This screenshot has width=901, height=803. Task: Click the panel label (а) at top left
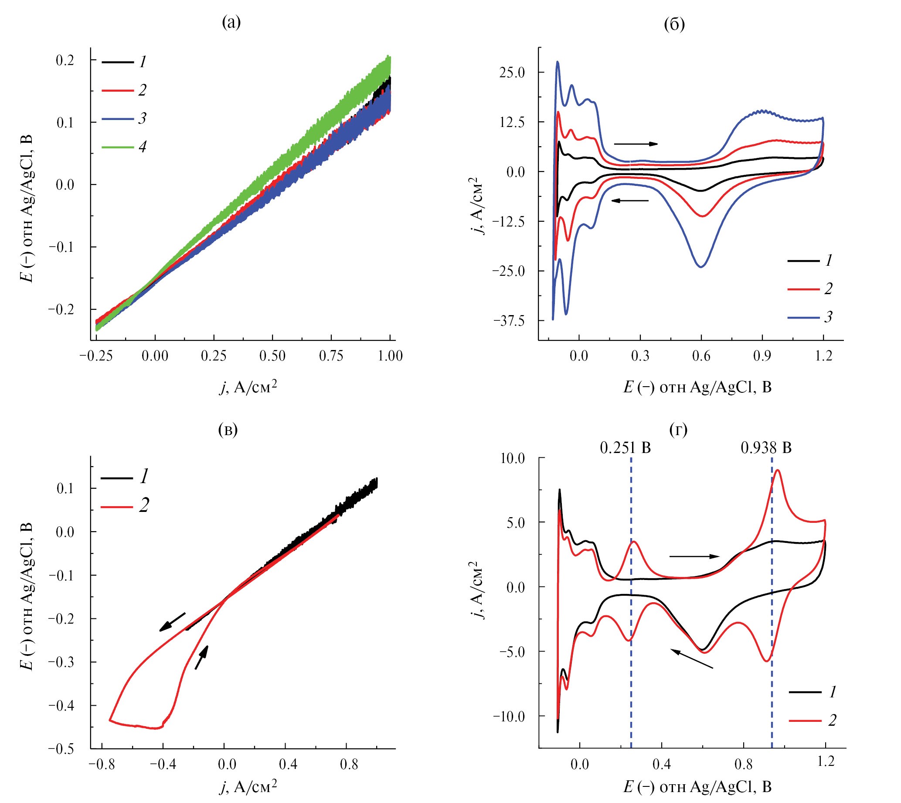coord(231,22)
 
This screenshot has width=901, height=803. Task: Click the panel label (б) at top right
coord(674,24)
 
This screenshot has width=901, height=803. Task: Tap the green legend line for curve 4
coord(118,147)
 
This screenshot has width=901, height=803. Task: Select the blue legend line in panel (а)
coord(118,119)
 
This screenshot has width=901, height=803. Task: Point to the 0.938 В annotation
coord(766,448)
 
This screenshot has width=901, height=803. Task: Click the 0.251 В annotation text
coord(625,448)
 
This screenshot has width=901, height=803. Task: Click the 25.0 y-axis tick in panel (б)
coord(512,72)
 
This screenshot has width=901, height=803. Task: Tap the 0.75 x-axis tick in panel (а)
coord(331,356)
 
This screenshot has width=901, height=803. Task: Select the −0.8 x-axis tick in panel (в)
coord(102,765)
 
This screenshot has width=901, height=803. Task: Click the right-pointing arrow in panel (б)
coord(636,144)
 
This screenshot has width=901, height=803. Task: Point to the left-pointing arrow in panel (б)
coord(630,201)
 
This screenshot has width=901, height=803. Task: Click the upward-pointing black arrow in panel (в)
coord(201,657)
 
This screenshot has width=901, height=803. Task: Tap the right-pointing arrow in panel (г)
coord(694,556)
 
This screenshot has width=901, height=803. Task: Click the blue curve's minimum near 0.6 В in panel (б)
coord(701,267)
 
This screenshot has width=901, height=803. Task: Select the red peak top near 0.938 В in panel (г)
coord(778,470)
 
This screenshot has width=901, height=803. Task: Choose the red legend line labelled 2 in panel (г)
coord(805,721)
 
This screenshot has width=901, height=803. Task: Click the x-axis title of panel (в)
coord(248,786)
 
